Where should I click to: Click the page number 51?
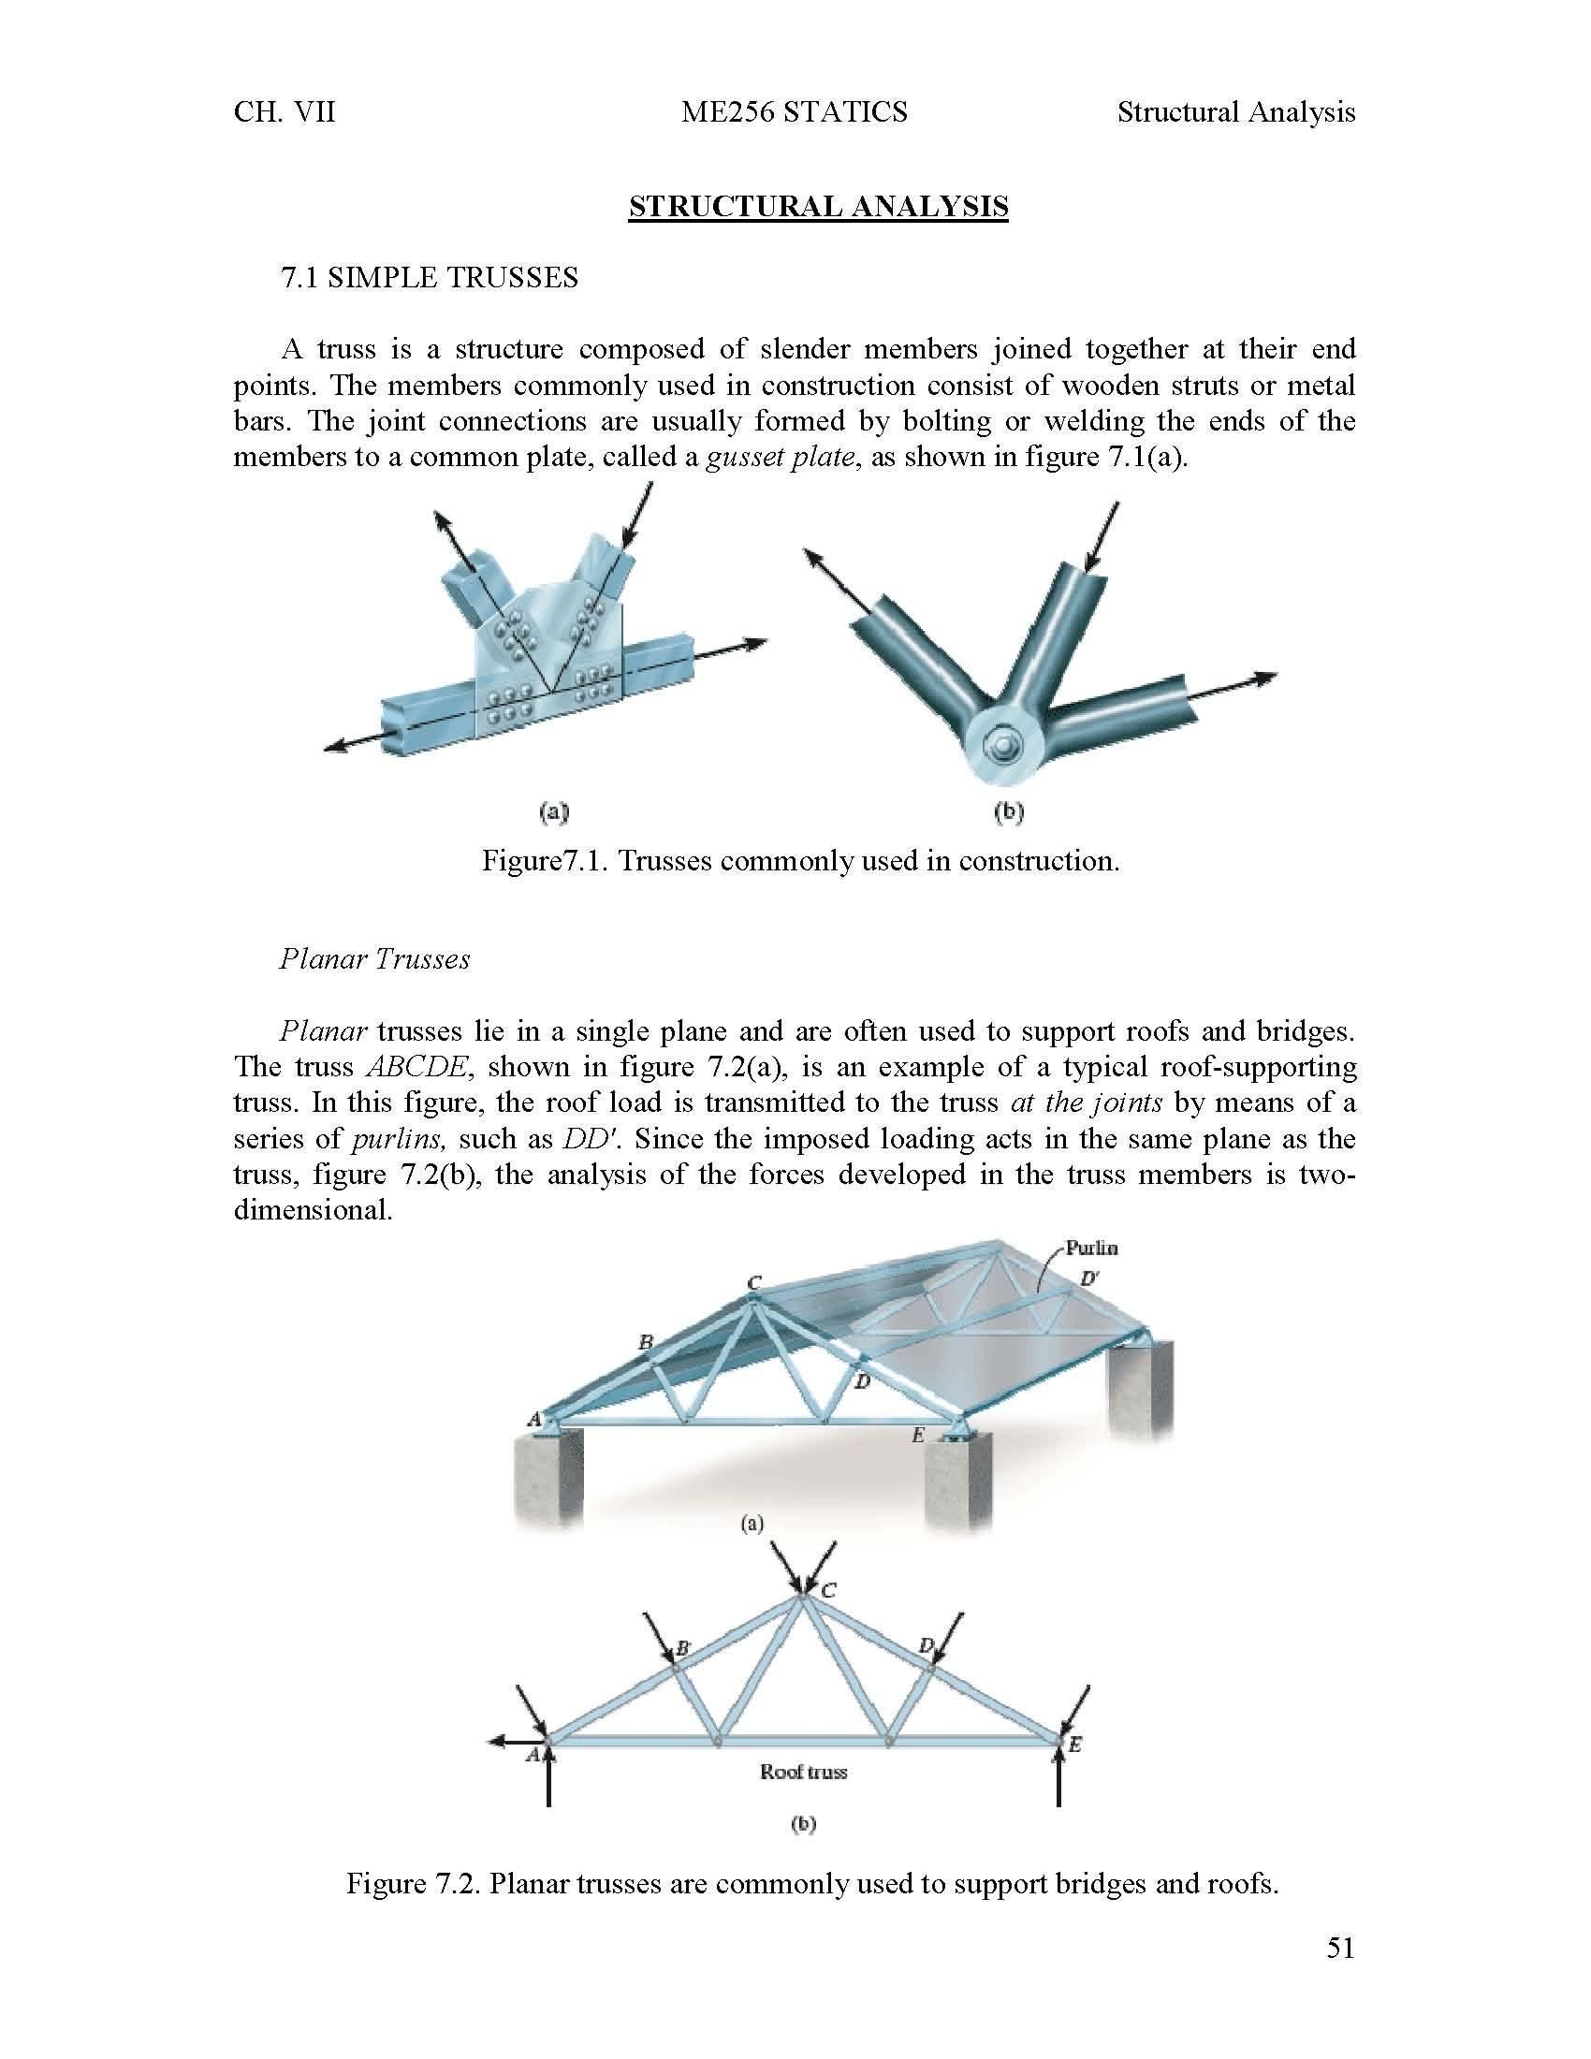[x=1339, y=1948]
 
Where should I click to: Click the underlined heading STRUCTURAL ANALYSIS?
[x=818, y=207]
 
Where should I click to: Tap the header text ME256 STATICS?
[x=794, y=112]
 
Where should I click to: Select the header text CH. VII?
[x=284, y=112]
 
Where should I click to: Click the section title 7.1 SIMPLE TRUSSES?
[x=430, y=278]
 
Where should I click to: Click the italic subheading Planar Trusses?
[x=374, y=958]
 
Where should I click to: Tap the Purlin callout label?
[x=1090, y=1249]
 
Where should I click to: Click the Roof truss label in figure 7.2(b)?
[x=803, y=1773]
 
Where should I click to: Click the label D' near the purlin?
[x=1088, y=1279]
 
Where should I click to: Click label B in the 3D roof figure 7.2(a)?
[x=646, y=1342]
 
